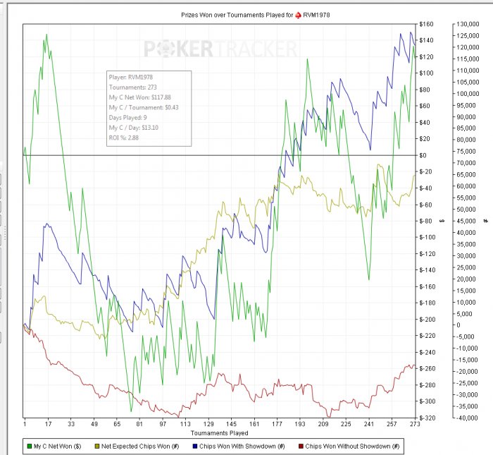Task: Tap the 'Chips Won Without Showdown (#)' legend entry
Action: [x=349, y=446]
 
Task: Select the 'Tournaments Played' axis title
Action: [x=219, y=432]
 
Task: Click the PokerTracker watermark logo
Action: [x=220, y=49]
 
